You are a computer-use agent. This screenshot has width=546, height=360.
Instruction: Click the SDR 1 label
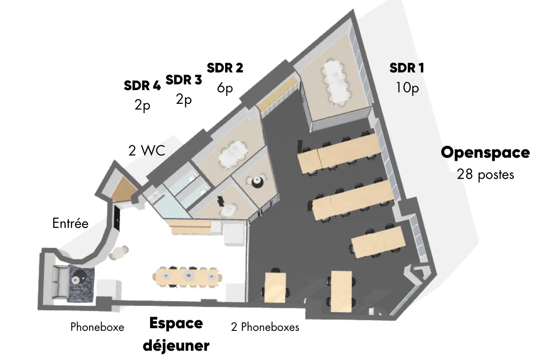(x=407, y=68)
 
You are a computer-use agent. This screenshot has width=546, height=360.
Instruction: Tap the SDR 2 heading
(x=225, y=68)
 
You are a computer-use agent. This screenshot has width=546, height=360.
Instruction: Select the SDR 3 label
(x=184, y=80)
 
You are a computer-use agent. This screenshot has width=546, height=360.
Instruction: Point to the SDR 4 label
(x=143, y=85)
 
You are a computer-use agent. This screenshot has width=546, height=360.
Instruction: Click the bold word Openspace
(x=485, y=153)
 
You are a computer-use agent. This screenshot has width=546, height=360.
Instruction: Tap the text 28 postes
(x=485, y=174)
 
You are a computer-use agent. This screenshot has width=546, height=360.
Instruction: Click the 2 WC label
(x=147, y=151)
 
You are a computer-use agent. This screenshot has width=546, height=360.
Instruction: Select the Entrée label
(x=71, y=223)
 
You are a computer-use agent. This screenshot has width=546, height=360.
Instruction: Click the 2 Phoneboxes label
(x=265, y=327)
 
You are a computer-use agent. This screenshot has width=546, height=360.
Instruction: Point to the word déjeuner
(x=176, y=346)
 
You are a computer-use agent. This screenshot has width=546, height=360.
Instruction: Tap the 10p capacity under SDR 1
(x=407, y=88)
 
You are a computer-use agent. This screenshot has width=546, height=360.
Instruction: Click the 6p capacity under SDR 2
(x=225, y=88)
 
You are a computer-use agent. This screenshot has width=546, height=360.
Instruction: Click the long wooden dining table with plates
(x=187, y=277)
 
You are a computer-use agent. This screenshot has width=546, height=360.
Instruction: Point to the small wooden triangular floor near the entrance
(x=124, y=189)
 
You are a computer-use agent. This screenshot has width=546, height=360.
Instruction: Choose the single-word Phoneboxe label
(x=97, y=327)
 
